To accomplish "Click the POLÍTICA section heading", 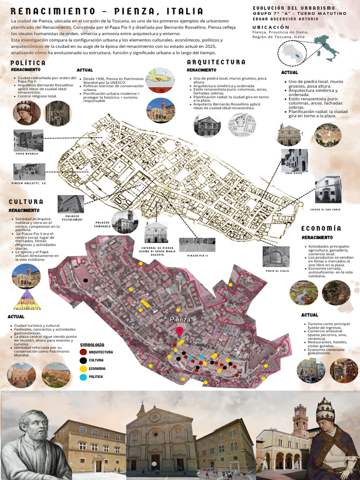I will [x=28, y=63].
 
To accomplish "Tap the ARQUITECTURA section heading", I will [x=216, y=62].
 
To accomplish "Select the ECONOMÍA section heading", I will [x=321, y=228].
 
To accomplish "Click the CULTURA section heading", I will [x=26, y=202].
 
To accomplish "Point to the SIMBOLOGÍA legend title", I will [x=92, y=344].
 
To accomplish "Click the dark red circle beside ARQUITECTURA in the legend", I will [x=83, y=352].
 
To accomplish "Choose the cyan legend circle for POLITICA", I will [x=83, y=377].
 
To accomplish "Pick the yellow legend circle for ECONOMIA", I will [x=83, y=368].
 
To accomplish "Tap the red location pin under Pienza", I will [x=180, y=331].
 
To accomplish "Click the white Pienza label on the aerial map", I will [x=180, y=320].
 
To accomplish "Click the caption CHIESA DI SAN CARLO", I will [x=328, y=209].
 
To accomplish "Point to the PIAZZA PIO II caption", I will [x=197, y=256].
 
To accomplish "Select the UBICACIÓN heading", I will [x=271, y=28].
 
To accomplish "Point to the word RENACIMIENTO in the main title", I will [x=42, y=11].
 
